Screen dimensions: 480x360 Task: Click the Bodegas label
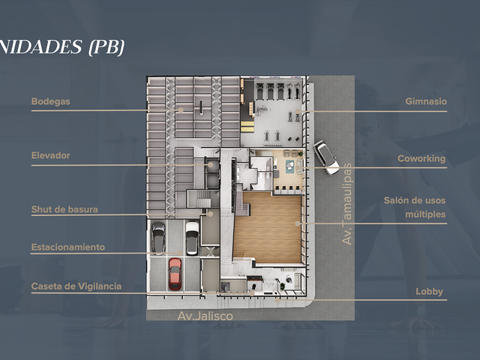50,101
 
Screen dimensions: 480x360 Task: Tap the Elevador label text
50,155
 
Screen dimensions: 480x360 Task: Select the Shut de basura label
64,209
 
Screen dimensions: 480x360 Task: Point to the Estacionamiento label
68,247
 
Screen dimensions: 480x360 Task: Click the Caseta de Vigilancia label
76,286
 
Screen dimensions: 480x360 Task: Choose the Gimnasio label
426,101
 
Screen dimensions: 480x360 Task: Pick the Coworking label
421,158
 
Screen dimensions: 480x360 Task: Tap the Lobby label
430,292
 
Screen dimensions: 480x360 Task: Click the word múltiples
425,214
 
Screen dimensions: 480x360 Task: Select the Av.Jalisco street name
205,316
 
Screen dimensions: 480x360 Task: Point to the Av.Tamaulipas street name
346,204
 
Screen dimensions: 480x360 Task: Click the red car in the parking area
175,274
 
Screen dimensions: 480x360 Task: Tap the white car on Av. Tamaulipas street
326,157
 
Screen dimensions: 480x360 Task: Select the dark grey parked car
158,238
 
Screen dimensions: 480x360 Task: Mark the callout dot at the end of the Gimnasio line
298,111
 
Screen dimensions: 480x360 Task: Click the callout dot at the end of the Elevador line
211,165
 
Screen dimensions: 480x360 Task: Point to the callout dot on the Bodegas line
181,110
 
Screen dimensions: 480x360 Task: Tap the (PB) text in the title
106,47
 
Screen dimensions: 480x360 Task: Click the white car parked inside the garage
192,238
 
